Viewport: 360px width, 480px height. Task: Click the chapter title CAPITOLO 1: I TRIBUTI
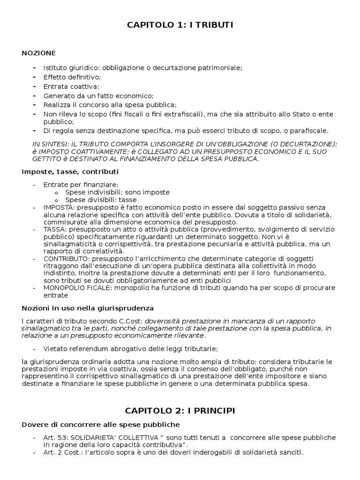[180, 25]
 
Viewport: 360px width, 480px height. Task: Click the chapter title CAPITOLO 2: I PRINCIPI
[180, 411]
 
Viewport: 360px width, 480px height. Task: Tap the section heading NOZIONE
[38, 52]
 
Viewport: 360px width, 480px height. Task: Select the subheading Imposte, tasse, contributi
[70, 172]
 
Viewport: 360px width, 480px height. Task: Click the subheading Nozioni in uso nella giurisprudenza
[88, 308]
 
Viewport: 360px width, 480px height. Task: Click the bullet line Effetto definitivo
[72, 77]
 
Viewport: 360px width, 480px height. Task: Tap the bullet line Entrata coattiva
[71, 86]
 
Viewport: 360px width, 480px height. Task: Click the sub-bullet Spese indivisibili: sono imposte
[117, 192]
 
